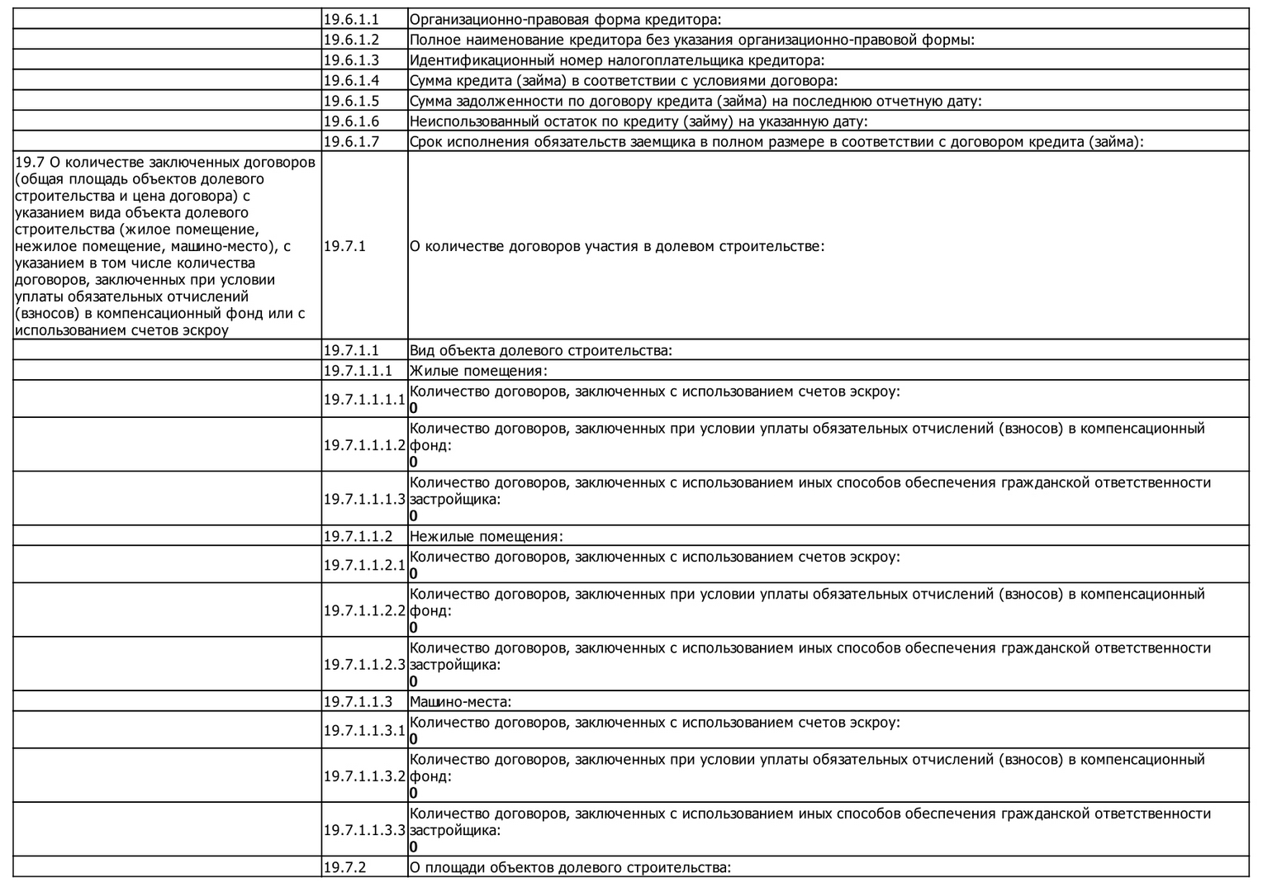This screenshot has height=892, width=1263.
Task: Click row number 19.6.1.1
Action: [x=351, y=19]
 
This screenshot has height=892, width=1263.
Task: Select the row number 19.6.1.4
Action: [x=351, y=80]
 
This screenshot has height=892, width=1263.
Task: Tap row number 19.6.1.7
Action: [x=351, y=141]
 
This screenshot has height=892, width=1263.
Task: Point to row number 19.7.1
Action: [x=344, y=246]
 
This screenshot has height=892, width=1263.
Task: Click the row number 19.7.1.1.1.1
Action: [x=364, y=400]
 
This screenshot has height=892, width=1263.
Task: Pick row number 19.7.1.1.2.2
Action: [x=364, y=610]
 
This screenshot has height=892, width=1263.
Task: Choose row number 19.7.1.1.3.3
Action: [x=364, y=830]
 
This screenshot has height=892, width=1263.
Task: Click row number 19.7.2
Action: [x=344, y=867]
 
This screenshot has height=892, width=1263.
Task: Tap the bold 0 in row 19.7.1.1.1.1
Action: [x=414, y=408]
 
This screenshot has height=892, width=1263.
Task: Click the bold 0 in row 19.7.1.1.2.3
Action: [x=414, y=681]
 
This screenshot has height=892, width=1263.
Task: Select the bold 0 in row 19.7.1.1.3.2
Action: [x=414, y=793]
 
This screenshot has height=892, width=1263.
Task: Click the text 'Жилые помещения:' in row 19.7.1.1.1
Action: [x=478, y=371]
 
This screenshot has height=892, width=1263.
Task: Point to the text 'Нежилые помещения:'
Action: [x=486, y=536]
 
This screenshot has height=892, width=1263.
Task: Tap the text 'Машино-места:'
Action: [x=460, y=702]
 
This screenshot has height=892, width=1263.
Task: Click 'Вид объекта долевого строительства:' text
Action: [x=540, y=350]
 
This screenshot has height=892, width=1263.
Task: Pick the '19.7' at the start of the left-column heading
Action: [x=26, y=162]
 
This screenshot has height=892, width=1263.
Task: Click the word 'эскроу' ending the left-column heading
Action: [x=207, y=330]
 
